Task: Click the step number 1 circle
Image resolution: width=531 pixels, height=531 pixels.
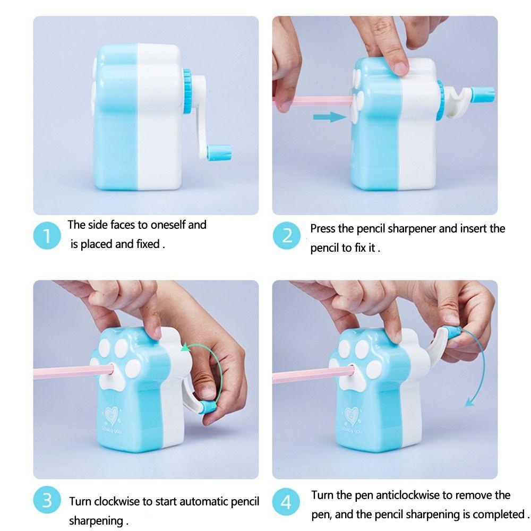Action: pyautogui.click(x=47, y=236)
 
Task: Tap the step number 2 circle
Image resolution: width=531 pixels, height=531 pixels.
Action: pyautogui.click(x=287, y=236)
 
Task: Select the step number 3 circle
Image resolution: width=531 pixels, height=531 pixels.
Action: pyautogui.click(x=47, y=500)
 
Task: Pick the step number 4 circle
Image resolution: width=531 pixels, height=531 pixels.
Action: pyautogui.click(x=286, y=502)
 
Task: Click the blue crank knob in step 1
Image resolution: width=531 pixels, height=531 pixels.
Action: pyautogui.click(x=219, y=152)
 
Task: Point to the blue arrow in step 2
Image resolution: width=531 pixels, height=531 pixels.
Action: pyautogui.click(x=330, y=117)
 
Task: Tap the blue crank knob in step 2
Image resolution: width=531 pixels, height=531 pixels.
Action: pyautogui.click(x=482, y=95)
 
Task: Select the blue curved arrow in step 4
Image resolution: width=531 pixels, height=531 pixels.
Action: pyautogui.click(x=481, y=366)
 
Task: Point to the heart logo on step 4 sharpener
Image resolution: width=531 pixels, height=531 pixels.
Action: pyautogui.click(x=352, y=416)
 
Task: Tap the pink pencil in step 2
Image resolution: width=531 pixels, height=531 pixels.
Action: pyautogui.click(x=313, y=100)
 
